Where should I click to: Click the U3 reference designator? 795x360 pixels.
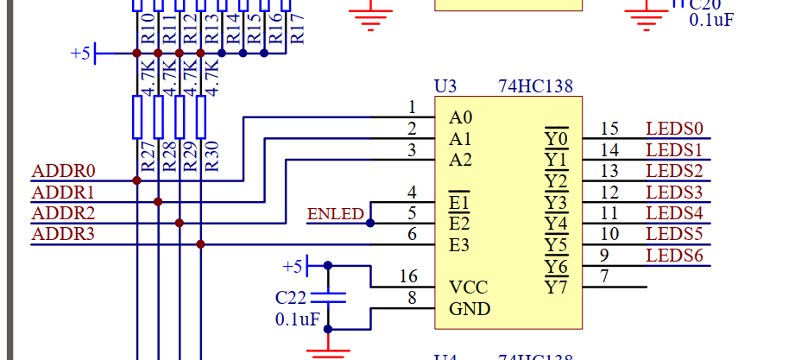click(x=445, y=86)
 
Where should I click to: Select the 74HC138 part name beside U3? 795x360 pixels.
click(x=535, y=86)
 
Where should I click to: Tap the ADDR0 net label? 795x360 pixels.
click(x=63, y=171)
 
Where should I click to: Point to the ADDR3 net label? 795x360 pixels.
click(x=63, y=234)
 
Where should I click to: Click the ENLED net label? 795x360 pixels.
click(x=336, y=214)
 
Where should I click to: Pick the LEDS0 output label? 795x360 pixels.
click(x=675, y=129)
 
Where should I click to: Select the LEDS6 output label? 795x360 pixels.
click(x=675, y=256)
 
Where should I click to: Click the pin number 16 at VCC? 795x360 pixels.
click(x=409, y=276)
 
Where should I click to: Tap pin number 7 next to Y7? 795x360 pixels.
click(x=605, y=276)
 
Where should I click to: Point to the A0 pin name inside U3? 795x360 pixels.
click(x=461, y=117)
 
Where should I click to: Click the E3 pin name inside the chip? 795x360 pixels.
click(x=460, y=246)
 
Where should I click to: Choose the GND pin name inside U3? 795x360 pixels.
click(x=470, y=309)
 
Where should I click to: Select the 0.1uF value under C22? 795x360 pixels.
click(x=298, y=319)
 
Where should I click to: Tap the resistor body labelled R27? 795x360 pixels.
click(x=136, y=117)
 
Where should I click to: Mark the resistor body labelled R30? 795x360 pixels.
click(x=200, y=117)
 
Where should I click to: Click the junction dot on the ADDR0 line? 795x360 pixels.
click(x=136, y=180)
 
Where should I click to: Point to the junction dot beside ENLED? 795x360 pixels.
click(x=370, y=223)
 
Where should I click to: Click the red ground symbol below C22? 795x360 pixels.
click(x=327, y=350)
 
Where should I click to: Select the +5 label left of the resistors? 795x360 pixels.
click(x=79, y=54)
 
